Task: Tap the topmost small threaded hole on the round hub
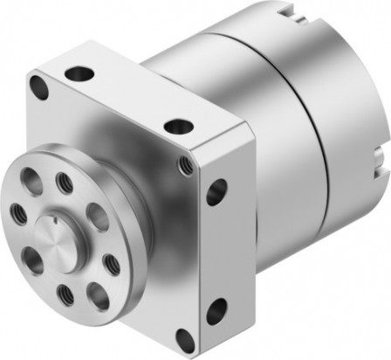(x=64, y=183)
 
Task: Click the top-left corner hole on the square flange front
(x=38, y=86)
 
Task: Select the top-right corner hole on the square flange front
(x=184, y=165)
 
